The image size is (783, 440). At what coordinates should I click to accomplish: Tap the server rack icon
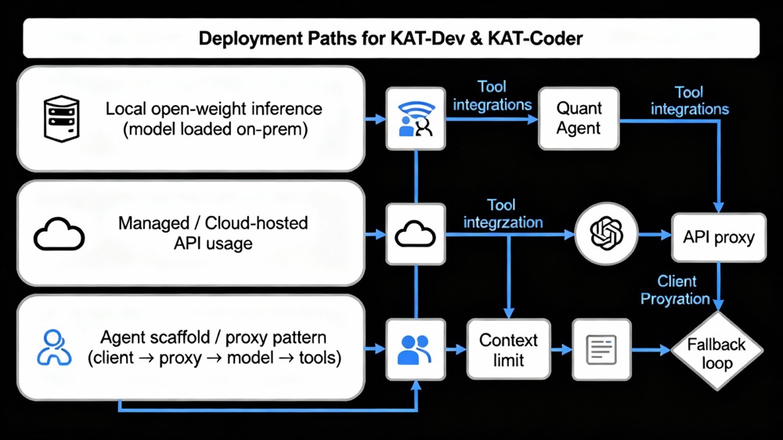(61, 118)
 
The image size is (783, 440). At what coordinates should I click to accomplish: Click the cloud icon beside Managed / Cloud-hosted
(59, 233)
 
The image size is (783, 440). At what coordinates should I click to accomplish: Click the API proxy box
(718, 236)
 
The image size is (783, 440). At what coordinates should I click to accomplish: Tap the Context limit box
(508, 350)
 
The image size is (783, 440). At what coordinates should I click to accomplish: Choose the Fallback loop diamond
(716, 353)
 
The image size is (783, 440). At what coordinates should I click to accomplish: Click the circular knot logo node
(605, 233)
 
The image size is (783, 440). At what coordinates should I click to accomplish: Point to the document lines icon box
(601, 349)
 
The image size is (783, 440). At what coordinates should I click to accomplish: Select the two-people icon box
(415, 349)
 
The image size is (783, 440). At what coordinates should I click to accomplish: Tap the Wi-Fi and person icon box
(416, 119)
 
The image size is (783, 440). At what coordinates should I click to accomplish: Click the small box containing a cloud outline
(416, 233)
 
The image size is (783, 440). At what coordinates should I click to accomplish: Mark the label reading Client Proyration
(675, 290)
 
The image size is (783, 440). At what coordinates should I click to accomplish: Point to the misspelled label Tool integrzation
(502, 214)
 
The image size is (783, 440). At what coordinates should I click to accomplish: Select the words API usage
(213, 243)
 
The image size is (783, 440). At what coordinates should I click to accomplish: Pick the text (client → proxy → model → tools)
(214, 359)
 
